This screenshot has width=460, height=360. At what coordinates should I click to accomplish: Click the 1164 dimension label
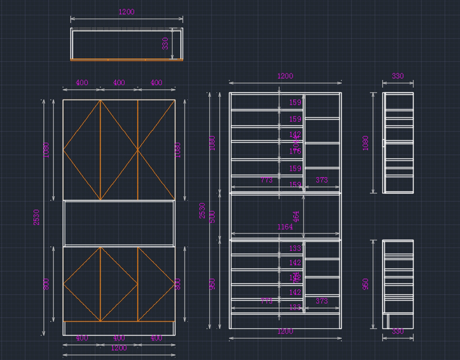[285, 227]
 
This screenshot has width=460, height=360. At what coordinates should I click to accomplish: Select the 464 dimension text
[296, 216]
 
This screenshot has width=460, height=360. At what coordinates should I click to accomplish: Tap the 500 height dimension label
[212, 216]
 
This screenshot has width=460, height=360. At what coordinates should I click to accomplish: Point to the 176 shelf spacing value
[295, 151]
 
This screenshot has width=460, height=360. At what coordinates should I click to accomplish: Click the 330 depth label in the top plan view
[165, 43]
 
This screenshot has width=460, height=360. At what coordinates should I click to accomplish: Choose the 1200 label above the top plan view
[127, 12]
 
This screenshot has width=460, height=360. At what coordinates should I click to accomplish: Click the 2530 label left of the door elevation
[36, 217]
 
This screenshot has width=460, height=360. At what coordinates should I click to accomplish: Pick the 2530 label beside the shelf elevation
[202, 211]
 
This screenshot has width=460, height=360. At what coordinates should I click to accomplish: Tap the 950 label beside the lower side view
[365, 284]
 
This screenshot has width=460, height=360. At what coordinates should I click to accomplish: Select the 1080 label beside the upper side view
[365, 143]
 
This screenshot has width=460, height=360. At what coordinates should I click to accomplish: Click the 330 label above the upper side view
[398, 76]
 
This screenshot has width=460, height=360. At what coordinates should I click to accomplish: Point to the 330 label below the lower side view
[398, 331]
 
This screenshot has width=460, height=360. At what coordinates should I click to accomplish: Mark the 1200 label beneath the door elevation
[119, 348]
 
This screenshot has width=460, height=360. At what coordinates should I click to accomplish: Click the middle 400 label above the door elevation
[119, 82]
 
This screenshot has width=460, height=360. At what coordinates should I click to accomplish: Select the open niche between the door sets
[119, 223]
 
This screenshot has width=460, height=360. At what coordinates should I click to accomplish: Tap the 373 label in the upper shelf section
[322, 180]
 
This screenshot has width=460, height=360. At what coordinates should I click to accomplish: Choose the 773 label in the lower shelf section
[266, 301]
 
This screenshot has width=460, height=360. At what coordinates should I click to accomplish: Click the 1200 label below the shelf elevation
[285, 331]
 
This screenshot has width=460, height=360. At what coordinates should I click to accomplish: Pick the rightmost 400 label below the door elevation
[156, 338]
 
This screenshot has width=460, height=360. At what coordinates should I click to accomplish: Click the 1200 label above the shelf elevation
[285, 76]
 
